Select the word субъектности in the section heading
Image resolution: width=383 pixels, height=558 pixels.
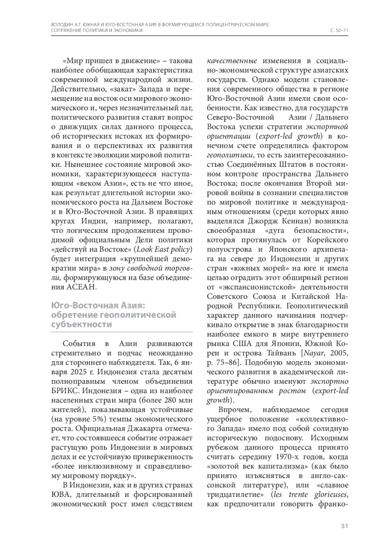click(x=82, y=324)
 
